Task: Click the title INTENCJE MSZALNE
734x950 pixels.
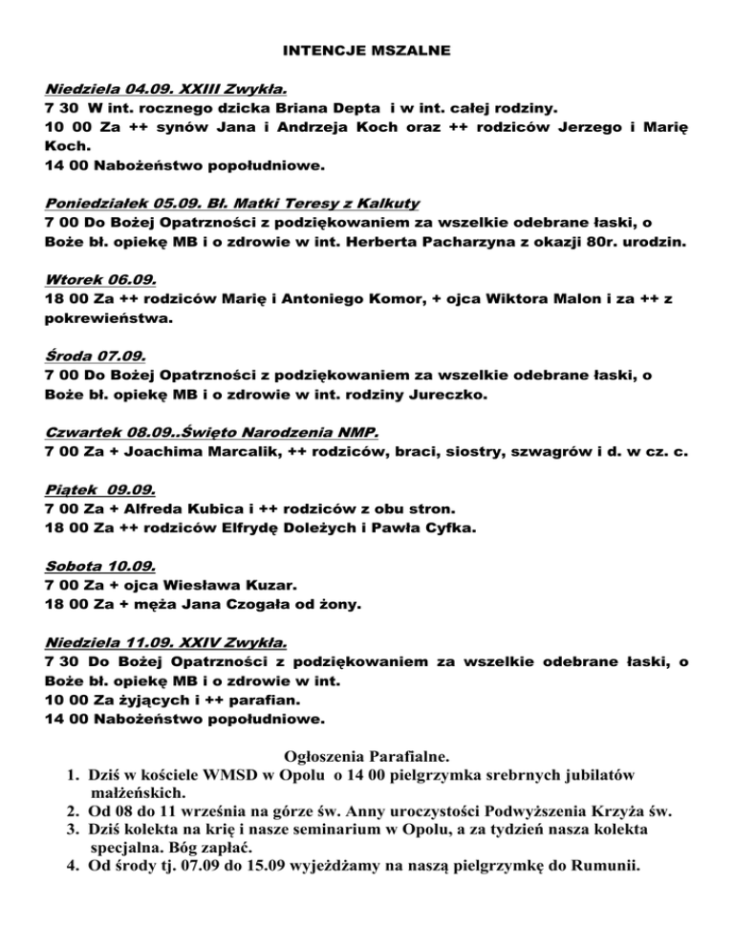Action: pyautogui.click(x=367, y=49)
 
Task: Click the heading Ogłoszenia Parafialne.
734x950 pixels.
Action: pyautogui.click(x=367, y=753)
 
